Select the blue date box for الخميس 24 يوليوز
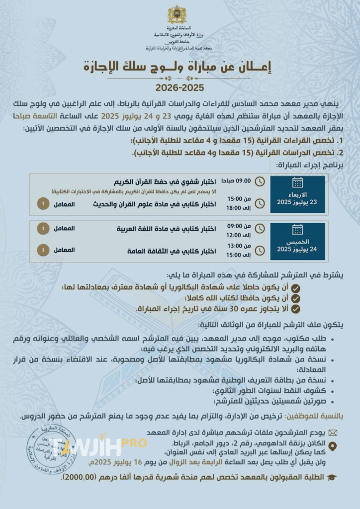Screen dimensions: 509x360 [297, 242]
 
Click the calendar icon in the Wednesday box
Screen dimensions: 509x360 [297, 182]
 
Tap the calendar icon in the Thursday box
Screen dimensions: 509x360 [297, 229]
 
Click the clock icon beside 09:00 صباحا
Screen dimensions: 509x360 [260, 180]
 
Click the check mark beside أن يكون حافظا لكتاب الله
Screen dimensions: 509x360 [295, 298]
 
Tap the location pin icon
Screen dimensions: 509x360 [333, 446]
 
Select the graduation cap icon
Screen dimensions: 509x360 [332, 477]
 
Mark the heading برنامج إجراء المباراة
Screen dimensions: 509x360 [303, 164]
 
